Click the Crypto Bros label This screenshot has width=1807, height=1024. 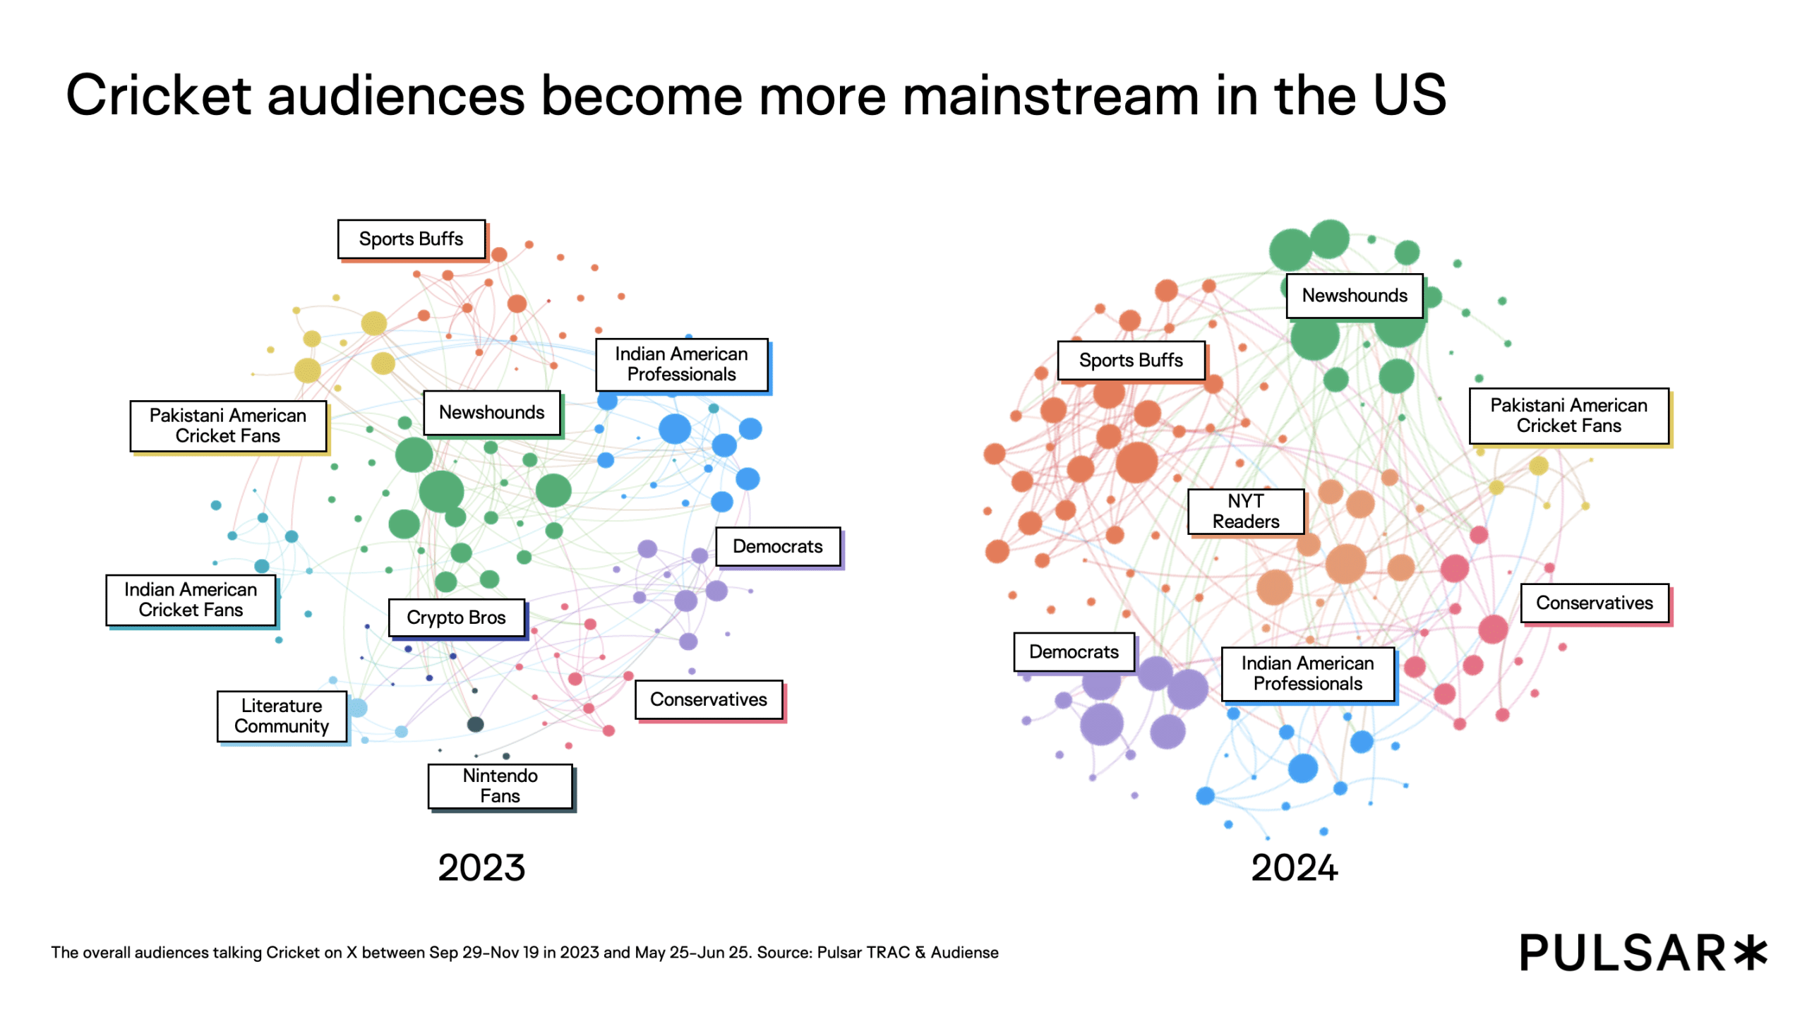click(456, 618)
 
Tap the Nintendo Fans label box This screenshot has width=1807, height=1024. click(500, 785)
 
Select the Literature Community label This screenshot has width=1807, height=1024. click(282, 716)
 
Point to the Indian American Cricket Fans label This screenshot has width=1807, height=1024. click(191, 599)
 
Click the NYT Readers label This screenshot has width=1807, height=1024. click(1245, 511)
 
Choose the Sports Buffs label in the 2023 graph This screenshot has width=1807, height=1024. click(411, 239)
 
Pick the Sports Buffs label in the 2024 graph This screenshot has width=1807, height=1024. click(1130, 361)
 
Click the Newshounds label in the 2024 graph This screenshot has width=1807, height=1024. click(1354, 296)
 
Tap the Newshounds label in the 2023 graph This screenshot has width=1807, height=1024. click(491, 413)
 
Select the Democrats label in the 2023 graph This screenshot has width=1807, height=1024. click(777, 546)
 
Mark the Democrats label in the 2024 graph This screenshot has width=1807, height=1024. click(1073, 651)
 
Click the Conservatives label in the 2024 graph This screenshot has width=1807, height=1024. click(1594, 603)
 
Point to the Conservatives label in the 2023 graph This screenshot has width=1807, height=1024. click(708, 699)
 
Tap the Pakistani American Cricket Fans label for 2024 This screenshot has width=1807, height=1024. click(1568, 416)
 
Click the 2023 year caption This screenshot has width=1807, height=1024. click(481, 867)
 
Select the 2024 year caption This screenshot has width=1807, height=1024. click(1294, 867)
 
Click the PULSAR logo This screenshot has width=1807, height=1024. click(1643, 953)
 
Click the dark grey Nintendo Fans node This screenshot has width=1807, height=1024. click(475, 724)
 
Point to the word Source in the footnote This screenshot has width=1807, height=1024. click(784, 953)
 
